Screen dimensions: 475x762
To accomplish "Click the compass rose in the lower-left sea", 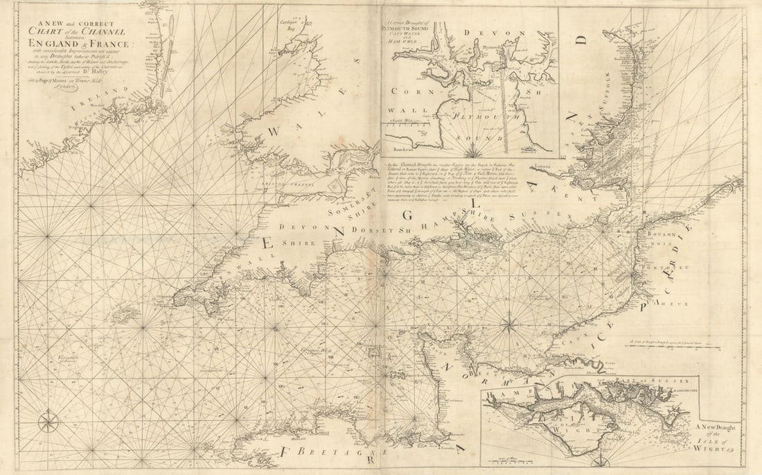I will coord(48,421).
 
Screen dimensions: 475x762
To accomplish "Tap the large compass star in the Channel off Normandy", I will coord(509,322).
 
